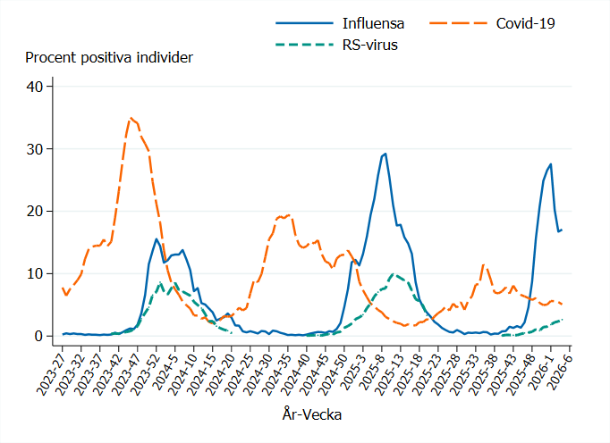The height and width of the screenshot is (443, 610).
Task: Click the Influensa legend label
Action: tap(373, 22)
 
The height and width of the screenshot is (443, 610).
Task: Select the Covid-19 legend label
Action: tap(526, 22)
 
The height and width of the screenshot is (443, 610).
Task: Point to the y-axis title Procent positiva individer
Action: tap(109, 58)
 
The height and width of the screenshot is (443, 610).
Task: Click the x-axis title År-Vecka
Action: tap(311, 414)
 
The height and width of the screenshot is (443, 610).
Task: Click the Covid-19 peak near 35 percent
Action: tap(131, 118)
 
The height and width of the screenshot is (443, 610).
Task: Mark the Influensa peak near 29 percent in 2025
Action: tap(385, 154)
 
